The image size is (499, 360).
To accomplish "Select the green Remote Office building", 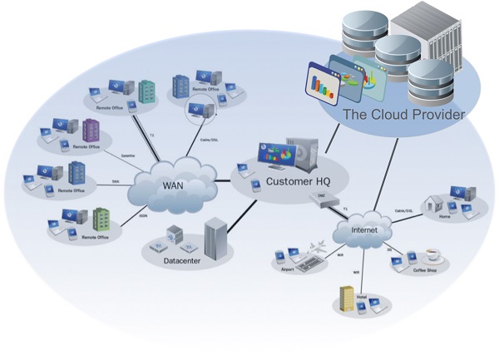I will tap(100, 219).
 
